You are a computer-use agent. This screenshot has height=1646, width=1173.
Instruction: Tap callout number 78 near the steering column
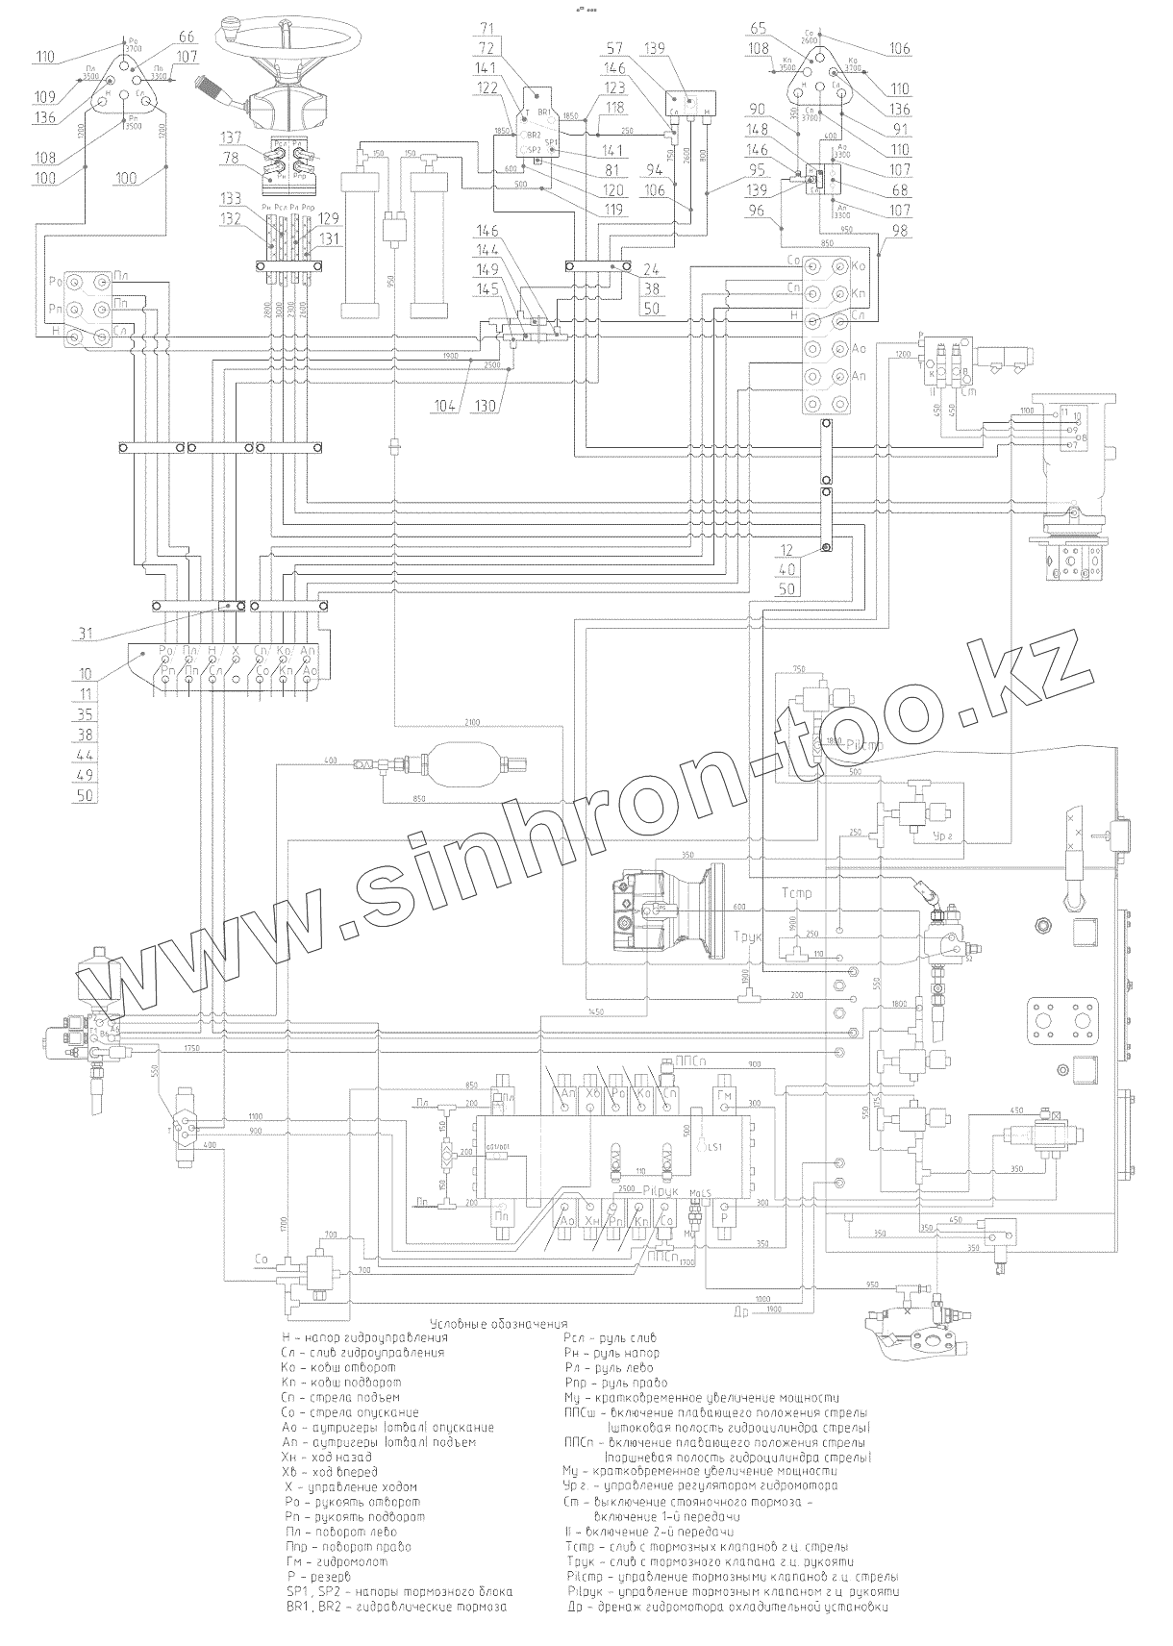231,158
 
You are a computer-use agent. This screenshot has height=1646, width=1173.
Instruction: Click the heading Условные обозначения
500,1324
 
